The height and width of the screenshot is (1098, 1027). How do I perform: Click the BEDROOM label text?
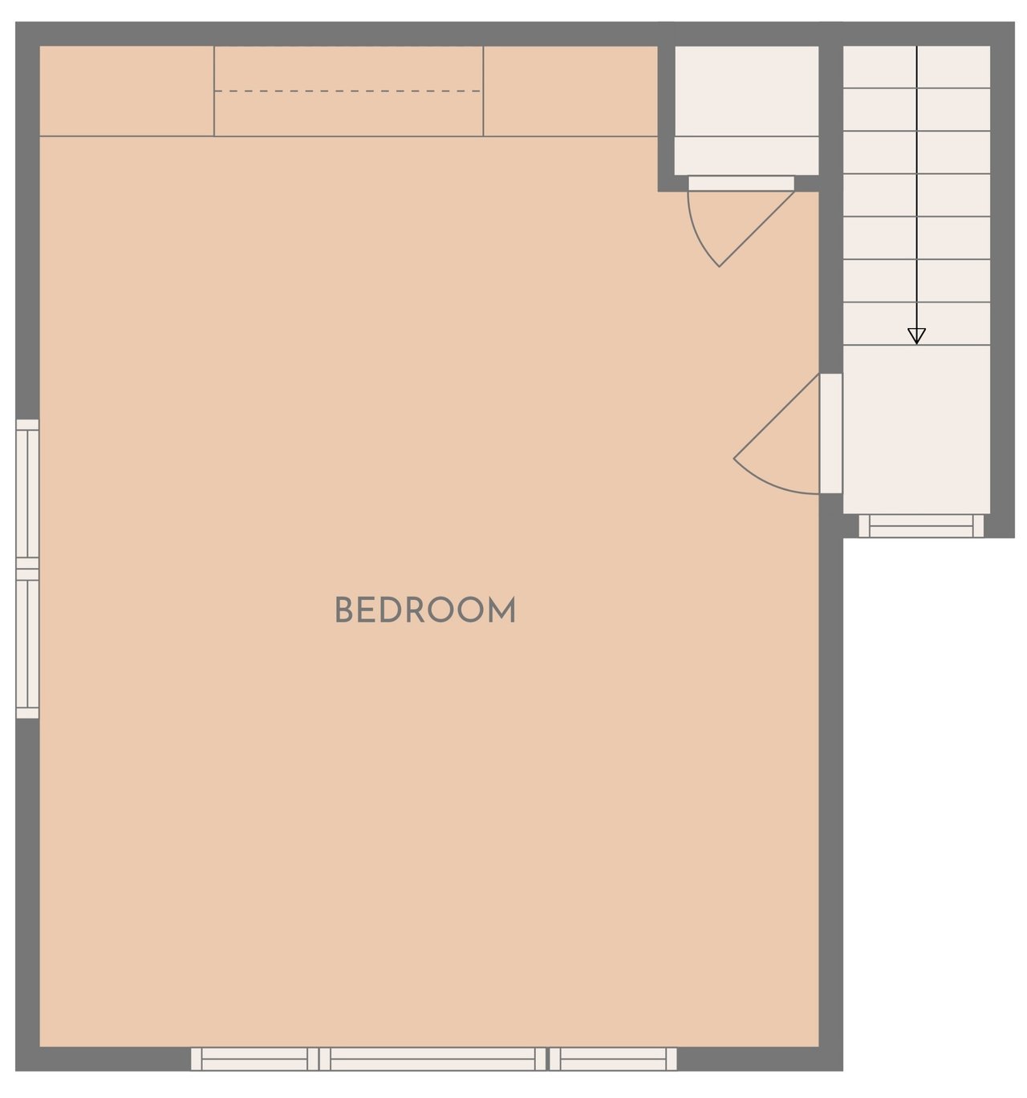[425, 610]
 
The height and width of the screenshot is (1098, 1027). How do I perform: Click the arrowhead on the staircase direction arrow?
[916, 336]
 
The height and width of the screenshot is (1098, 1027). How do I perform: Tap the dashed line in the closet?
[347, 91]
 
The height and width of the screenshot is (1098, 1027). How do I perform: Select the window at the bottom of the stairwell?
[921, 525]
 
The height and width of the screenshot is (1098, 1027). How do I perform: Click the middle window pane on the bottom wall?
[432, 1058]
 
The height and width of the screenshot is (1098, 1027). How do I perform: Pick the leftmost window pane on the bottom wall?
[254, 1058]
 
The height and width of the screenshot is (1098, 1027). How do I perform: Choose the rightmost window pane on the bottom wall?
[612, 1058]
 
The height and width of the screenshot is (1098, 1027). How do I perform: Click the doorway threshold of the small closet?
[741, 184]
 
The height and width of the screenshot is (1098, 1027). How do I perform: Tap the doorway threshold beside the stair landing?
[830, 433]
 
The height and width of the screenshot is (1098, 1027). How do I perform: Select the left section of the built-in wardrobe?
[127, 91]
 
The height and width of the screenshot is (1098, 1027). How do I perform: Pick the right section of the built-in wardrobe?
[570, 91]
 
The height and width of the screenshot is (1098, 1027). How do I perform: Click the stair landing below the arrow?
[916, 429]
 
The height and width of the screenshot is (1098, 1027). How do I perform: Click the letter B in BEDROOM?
[343, 610]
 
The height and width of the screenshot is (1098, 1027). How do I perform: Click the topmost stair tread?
[916, 67]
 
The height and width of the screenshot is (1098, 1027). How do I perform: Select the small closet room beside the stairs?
[746, 111]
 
